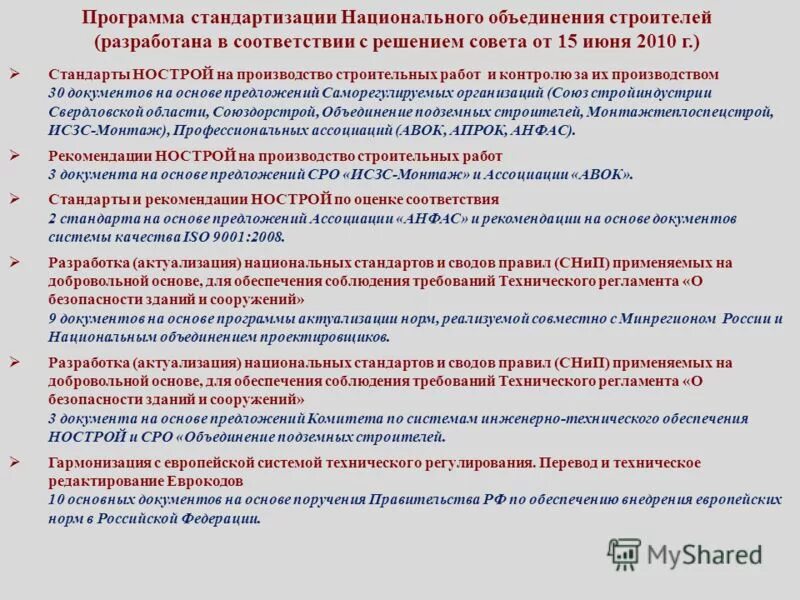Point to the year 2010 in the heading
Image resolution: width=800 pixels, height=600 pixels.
[x=643, y=42]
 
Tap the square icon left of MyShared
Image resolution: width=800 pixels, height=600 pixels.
[x=624, y=554]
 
